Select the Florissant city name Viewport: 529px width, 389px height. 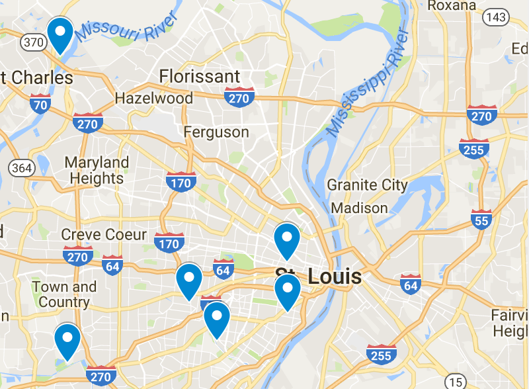click(x=200, y=75)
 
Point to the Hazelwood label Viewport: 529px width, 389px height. click(x=154, y=99)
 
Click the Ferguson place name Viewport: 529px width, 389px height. click(x=216, y=132)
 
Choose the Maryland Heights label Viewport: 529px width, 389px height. click(x=97, y=170)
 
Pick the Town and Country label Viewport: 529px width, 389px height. click(x=64, y=294)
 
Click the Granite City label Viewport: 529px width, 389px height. click(x=367, y=185)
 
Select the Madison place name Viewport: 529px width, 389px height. click(x=359, y=208)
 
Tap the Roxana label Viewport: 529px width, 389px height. click(x=452, y=6)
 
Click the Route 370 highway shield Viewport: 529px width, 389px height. click(x=34, y=42)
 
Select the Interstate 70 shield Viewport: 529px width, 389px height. click(x=40, y=104)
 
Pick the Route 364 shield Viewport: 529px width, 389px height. click(x=21, y=167)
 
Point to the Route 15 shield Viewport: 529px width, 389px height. click(x=455, y=381)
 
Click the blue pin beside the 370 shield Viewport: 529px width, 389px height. click(x=60, y=34)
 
